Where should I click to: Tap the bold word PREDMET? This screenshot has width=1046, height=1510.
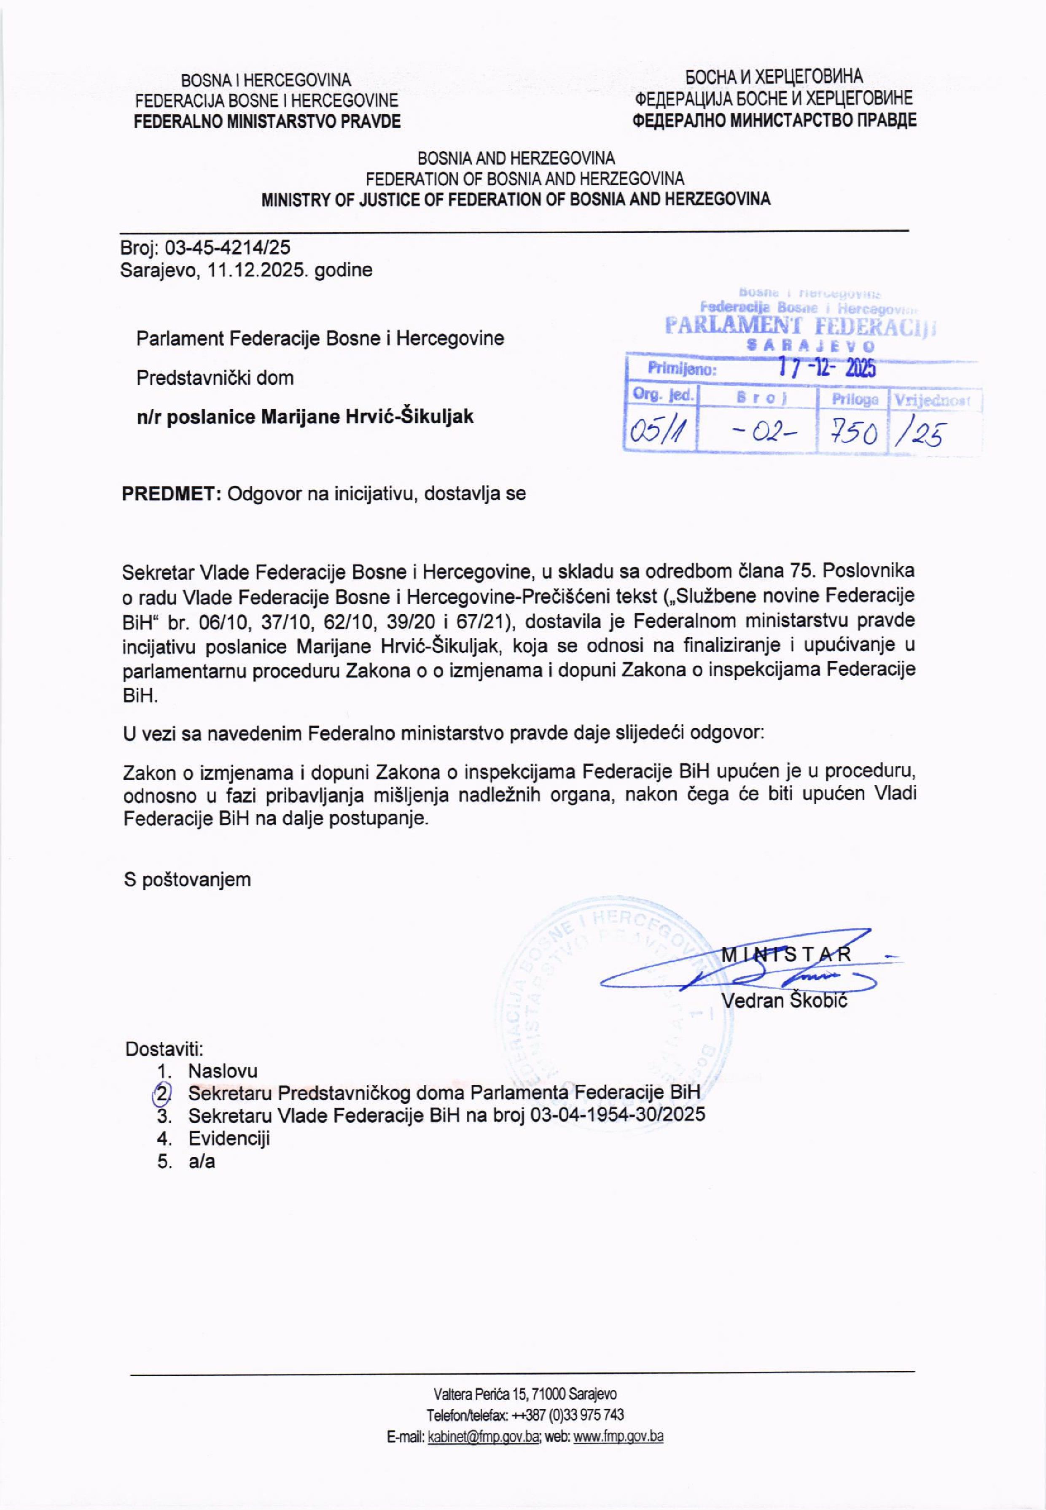coord(172,493)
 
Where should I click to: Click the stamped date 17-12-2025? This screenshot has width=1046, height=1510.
coord(827,368)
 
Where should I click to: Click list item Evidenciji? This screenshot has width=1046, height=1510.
coord(229,1137)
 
